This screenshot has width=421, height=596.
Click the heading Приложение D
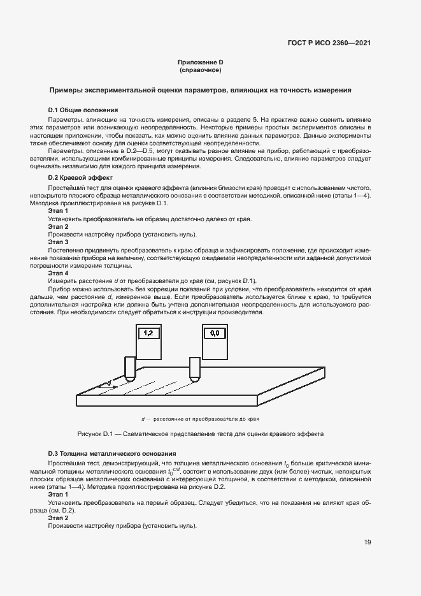200,62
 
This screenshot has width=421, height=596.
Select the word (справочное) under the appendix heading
200,69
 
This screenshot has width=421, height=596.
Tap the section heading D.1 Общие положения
79,110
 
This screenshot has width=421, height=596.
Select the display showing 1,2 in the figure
148,333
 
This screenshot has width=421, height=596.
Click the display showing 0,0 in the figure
214,333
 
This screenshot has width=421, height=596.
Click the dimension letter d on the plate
109,382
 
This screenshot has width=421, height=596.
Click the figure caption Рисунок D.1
200,433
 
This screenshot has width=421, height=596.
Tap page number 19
367,542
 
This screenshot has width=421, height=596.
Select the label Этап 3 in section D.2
58,242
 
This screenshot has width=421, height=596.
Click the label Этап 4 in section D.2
58,273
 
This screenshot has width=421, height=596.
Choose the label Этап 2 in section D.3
58,518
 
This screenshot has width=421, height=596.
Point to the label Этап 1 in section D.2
58,211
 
